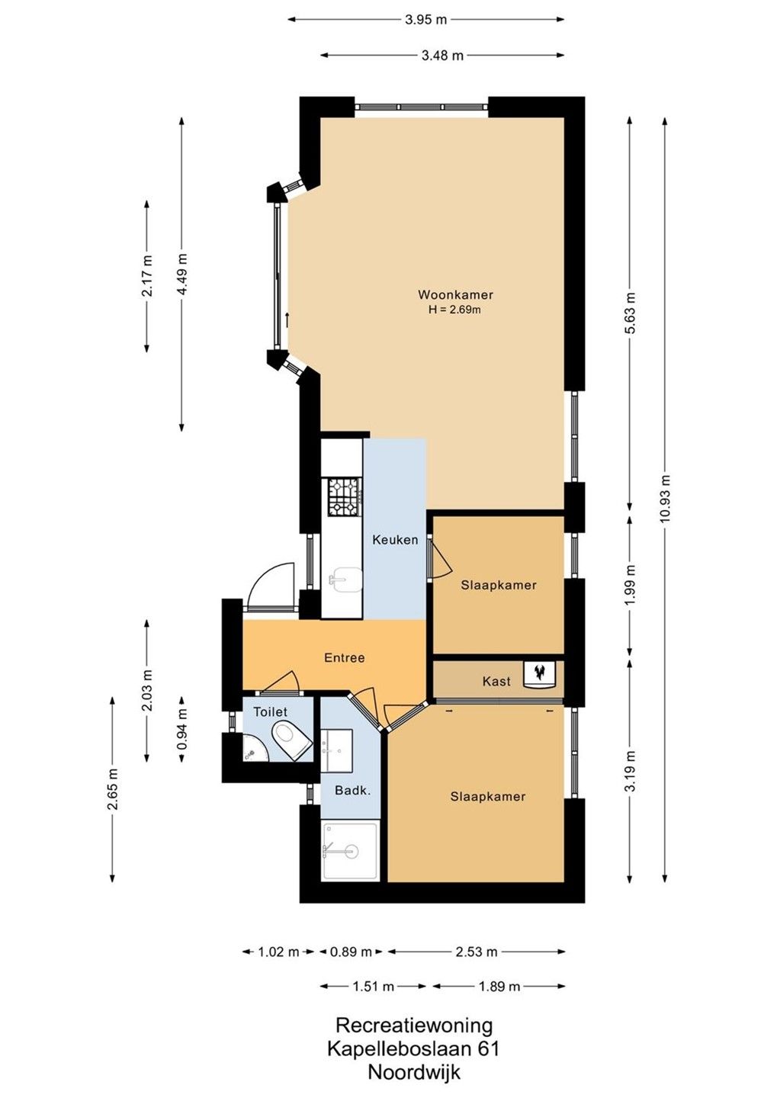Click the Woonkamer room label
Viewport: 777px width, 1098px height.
tap(455, 294)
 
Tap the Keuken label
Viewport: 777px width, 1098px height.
tap(395, 540)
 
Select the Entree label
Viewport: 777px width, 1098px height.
tap(344, 657)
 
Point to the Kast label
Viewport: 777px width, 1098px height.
tap(496, 681)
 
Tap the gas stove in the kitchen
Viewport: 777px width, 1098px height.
tap(345, 497)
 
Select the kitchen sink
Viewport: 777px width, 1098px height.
tap(345, 579)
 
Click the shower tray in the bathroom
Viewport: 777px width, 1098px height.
tap(351, 851)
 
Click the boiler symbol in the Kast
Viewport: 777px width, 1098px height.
tap(539, 673)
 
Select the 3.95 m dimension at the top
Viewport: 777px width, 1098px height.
tap(425, 20)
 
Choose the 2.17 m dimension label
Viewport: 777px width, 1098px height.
tap(147, 275)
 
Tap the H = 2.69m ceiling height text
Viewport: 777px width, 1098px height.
tap(454, 310)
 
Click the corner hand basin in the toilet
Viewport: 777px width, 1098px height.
tap(254, 752)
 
